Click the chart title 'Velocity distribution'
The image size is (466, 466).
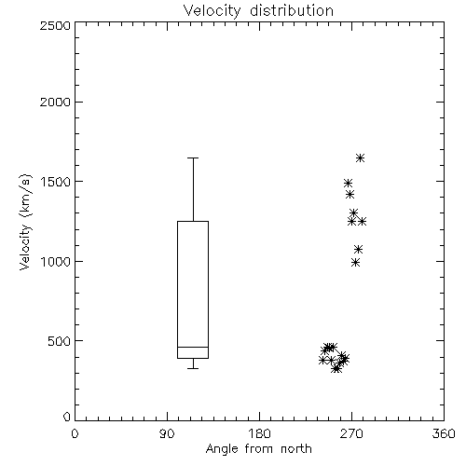(258, 10)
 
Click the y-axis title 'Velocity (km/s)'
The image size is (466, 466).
(25, 222)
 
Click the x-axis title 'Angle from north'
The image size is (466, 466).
(258, 448)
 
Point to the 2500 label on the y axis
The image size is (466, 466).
(56, 25)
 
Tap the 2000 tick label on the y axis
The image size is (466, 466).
(56, 102)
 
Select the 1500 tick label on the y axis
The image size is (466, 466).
(56, 182)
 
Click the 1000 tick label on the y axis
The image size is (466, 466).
(56, 261)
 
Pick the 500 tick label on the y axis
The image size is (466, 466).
(60, 341)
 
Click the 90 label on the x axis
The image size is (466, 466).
(167, 433)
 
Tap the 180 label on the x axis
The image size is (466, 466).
(259, 433)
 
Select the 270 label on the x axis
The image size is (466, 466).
(351, 433)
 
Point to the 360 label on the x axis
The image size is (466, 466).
(444, 433)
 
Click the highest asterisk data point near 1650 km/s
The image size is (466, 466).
(360, 158)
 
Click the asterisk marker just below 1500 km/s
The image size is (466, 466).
(348, 183)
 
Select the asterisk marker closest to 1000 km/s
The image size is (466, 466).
(356, 263)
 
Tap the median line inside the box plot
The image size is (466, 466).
(193, 347)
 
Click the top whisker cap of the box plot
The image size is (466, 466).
(193, 158)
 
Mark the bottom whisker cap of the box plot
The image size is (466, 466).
(193, 368)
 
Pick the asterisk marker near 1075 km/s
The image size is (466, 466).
(359, 249)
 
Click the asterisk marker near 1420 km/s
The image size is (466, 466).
(350, 195)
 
